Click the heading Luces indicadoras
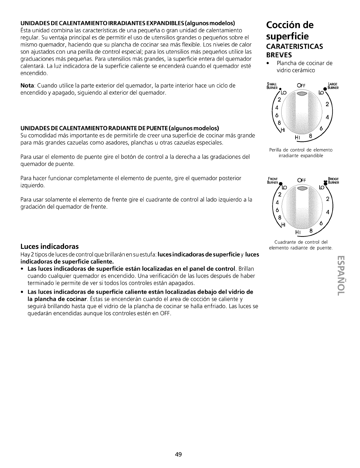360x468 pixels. click(49, 246)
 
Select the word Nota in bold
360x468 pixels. click(28, 86)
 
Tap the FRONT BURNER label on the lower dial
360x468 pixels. click(272, 181)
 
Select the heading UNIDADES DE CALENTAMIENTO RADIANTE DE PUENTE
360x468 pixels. click(120, 128)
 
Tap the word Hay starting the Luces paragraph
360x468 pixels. click(25, 254)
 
